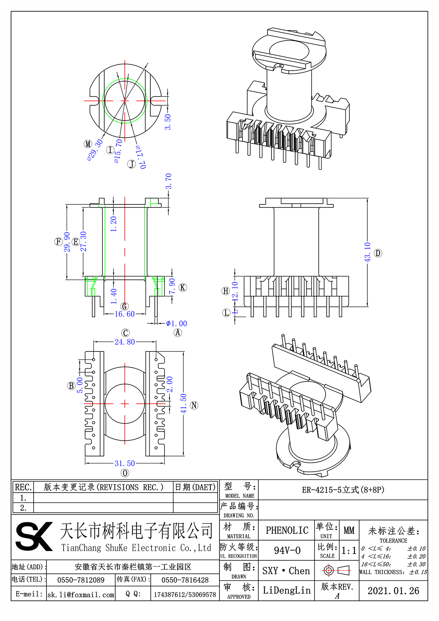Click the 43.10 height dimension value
[x=367, y=252]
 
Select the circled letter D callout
[x=378, y=253]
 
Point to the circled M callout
[x=88, y=144]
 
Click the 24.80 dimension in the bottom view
[x=125, y=342]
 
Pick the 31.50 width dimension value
[x=125, y=463]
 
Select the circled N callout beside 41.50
[x=195, y=405]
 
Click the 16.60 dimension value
[x=125, y=314]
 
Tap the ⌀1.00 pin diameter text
[x=176, y=324]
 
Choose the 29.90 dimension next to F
[x=67, y=242]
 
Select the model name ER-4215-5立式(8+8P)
[x=343, y=490]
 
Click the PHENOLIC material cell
[x=287, y=530]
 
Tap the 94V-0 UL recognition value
[x=287, y=550]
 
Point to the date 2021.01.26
[x=393, y=591]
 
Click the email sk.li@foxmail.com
[x=81, y=595]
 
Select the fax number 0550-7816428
[x=185, y=580]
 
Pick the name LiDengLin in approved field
[x=286, y=590]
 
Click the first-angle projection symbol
[x=337, y=570]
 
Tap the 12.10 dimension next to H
[x=235, y=291]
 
